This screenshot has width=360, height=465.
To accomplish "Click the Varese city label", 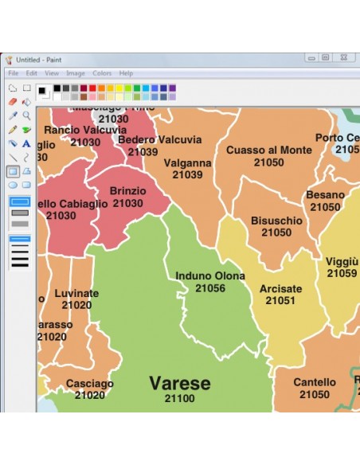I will (x=179, y=383).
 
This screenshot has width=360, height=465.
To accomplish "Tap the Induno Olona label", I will (x=210, y=276).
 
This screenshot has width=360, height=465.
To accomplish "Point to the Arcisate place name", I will (x=280, y=289).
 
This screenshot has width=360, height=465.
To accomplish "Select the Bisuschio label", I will (x=276, y=221).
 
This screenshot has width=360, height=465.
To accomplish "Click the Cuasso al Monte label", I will (x=268, y=150).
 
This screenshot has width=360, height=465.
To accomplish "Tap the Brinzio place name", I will (x=127, y=191).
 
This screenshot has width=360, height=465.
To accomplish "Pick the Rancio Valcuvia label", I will (x=84, y=130).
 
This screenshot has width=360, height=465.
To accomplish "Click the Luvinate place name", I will (x=76, y=293).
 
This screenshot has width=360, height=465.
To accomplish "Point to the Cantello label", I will (x=315, y=382).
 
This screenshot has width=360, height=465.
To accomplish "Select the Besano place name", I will (x=325, y=195).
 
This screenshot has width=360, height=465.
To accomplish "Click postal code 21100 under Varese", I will (x=179, y=398).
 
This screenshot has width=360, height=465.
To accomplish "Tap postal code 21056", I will (x=210, y=288).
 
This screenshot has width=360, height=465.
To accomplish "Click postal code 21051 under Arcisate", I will (x=280, y=301).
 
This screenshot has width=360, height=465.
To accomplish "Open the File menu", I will (x=13, y=73).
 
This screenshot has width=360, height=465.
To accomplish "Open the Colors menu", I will (x=102, y=73).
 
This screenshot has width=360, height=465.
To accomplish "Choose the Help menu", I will (x=126, y=73).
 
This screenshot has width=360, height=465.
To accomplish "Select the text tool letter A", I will (x=26, y=143).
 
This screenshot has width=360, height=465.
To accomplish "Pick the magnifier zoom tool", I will (x=26, y=115).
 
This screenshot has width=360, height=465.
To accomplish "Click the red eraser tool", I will (x=12, y=102).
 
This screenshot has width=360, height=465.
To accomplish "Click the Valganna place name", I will (x=188, y=163).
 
